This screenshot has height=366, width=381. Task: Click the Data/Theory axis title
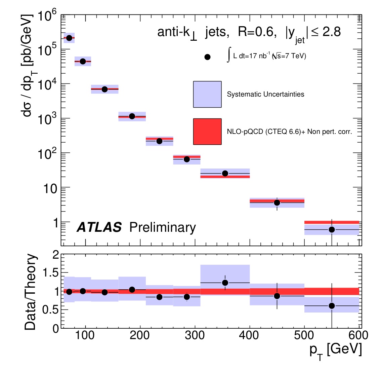point(30,292)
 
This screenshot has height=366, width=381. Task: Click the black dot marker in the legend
point(207,57)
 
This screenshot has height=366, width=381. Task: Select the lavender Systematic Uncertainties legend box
point(207,94)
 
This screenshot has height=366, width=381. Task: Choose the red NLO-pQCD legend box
point(207,132)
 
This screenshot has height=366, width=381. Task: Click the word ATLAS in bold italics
point(99,228)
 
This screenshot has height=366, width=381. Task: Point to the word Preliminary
point(162,228)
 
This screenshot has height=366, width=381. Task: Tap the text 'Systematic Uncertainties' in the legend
point(265,95)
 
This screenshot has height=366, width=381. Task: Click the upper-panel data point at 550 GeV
point(332,229)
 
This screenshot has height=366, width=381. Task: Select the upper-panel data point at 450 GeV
point(277,203)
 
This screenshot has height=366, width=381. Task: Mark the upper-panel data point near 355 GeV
point(225,173)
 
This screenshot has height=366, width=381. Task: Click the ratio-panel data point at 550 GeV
point(332,305)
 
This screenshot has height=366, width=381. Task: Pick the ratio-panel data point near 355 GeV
point(225,283)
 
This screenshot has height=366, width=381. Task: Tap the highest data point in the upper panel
point(69,38)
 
